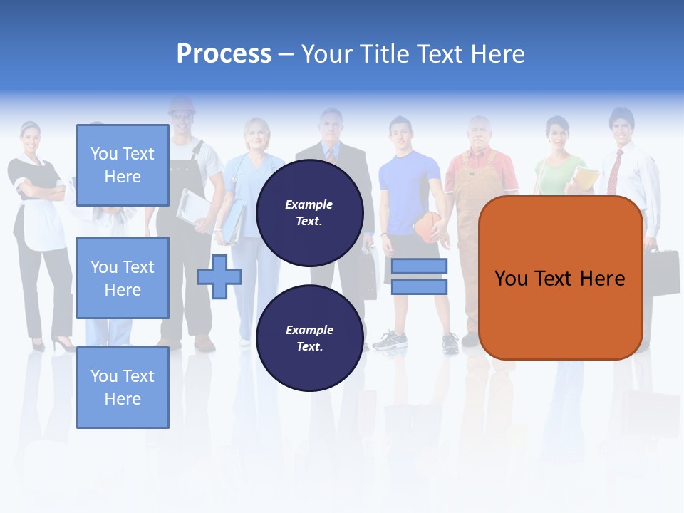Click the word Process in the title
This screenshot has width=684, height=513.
224,54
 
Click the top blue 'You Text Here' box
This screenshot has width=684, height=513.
123,165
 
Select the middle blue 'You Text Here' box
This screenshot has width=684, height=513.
123,278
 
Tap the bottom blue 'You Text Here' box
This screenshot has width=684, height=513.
123,388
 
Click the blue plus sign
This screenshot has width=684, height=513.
219,276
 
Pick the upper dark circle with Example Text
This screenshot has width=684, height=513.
309,212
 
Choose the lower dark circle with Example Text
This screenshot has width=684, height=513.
309,338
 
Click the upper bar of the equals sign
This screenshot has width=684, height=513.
419,266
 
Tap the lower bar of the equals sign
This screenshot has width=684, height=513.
419,286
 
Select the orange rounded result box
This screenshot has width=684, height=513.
560,278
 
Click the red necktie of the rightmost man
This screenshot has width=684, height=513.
614,171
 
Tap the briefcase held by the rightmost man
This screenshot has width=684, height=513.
661,269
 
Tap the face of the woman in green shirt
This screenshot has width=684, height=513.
557,135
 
